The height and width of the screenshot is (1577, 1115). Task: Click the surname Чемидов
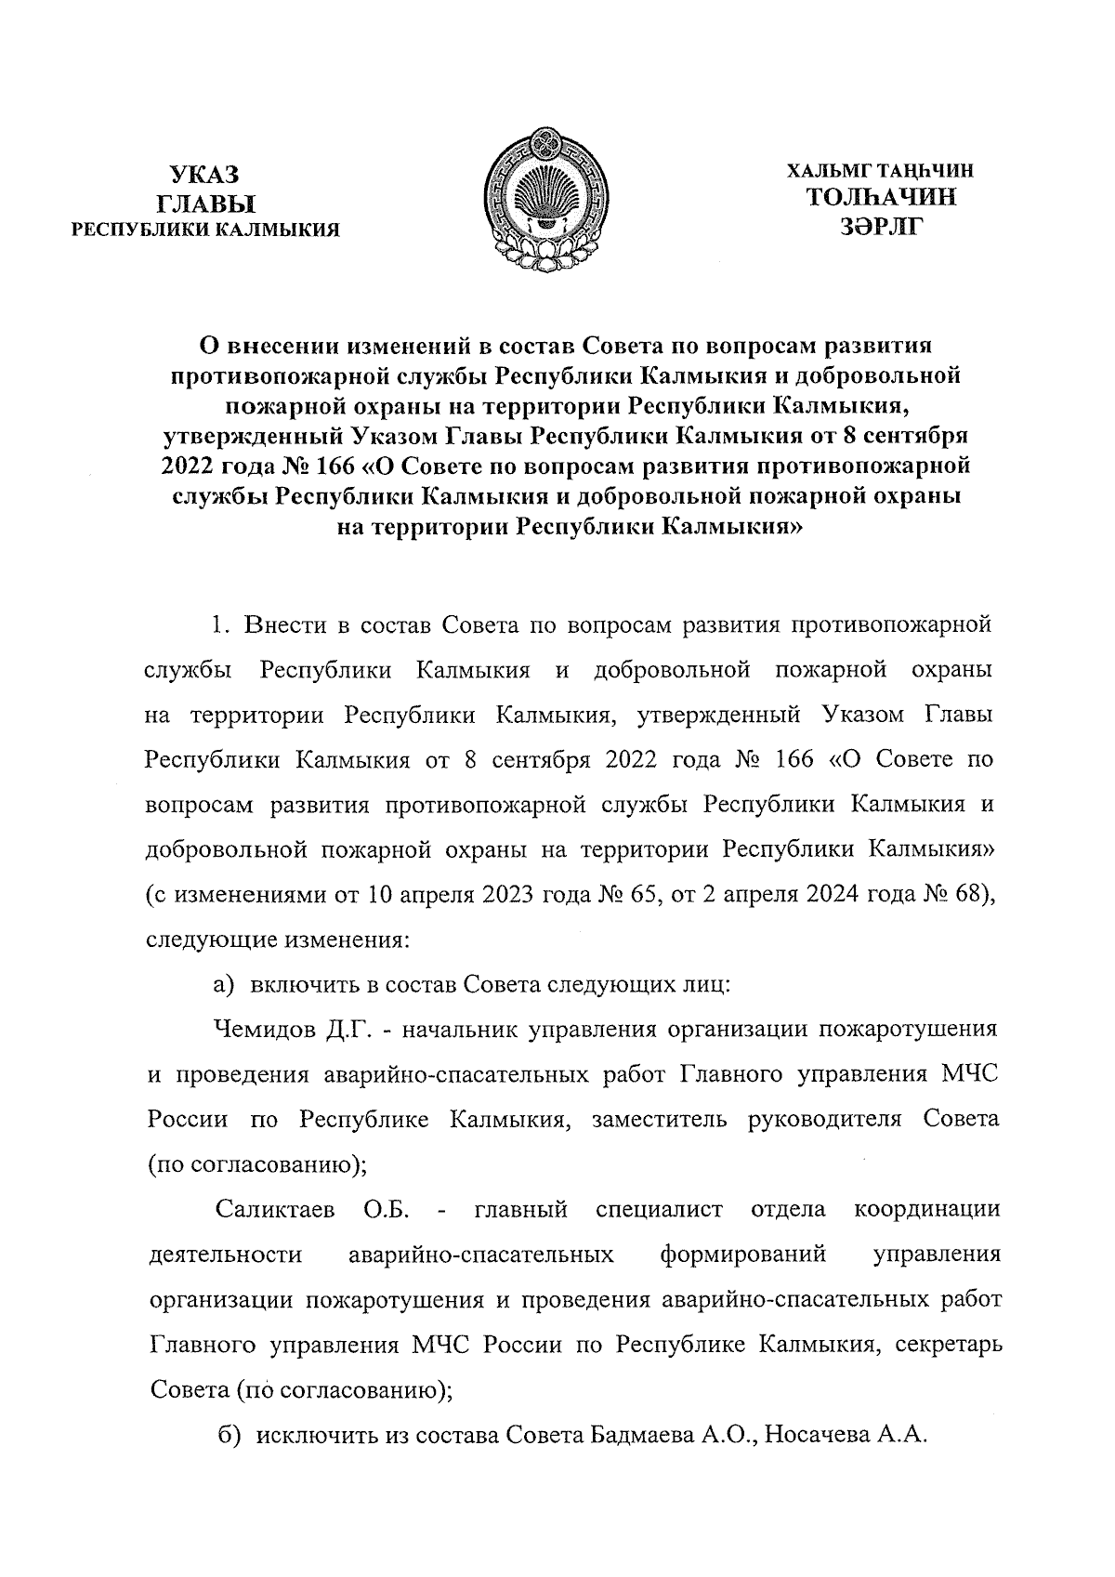click(x=266, y=1030)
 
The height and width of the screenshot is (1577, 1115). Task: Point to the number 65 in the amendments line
click(x=641, y=896)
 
